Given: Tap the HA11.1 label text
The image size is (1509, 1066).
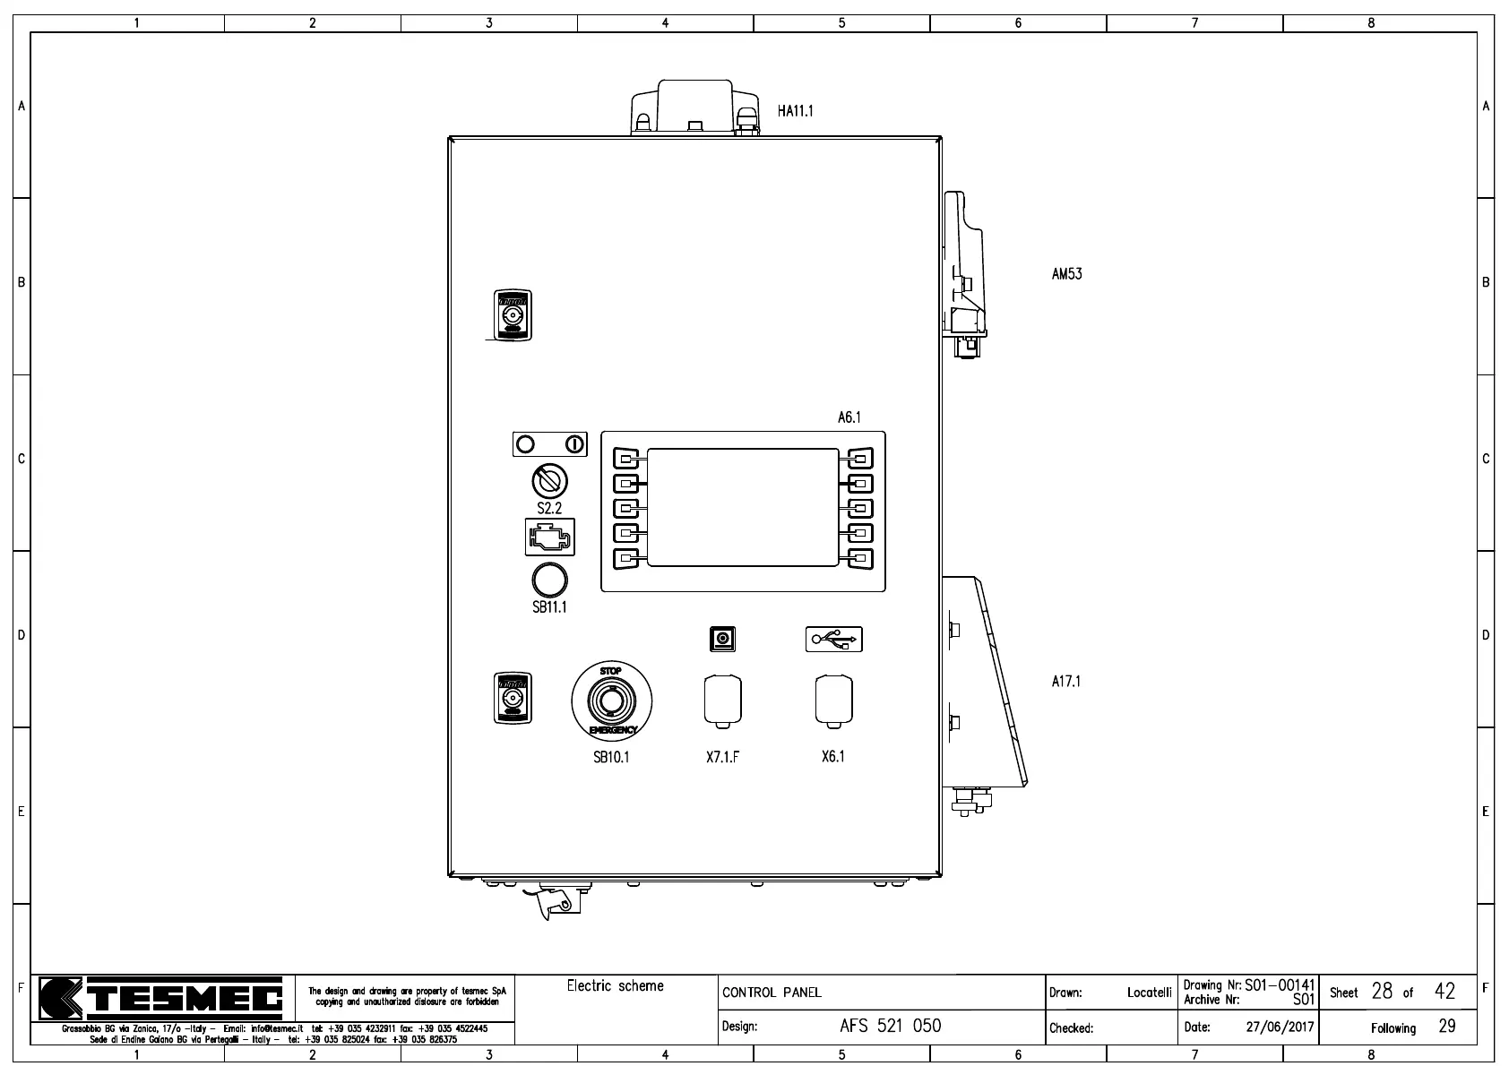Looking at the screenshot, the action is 795,111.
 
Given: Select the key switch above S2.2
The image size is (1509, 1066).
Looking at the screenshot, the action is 549,481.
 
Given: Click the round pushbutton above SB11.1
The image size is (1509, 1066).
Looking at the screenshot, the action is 549,580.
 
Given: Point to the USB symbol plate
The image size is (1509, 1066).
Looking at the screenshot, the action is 833,639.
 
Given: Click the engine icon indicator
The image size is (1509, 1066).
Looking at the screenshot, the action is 549,537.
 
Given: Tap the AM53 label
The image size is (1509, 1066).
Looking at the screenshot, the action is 1066,274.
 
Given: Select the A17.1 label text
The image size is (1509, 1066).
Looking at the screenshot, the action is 1065,682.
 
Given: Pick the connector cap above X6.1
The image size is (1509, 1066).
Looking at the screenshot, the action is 833,700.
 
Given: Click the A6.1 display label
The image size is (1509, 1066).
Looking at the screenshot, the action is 849,417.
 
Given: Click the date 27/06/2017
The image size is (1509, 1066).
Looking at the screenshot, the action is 1279,1027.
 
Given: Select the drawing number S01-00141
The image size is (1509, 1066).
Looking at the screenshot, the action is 1279,985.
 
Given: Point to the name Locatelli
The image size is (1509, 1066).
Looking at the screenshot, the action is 1149,993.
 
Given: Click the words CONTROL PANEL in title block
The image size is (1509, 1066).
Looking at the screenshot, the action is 772,993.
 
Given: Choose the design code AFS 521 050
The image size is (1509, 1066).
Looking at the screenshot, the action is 890,1026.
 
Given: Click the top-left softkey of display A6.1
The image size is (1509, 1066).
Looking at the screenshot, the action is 626,459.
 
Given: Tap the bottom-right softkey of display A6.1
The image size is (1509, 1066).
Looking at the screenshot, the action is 859,559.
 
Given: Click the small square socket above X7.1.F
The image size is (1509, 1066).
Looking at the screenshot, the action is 722,639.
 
